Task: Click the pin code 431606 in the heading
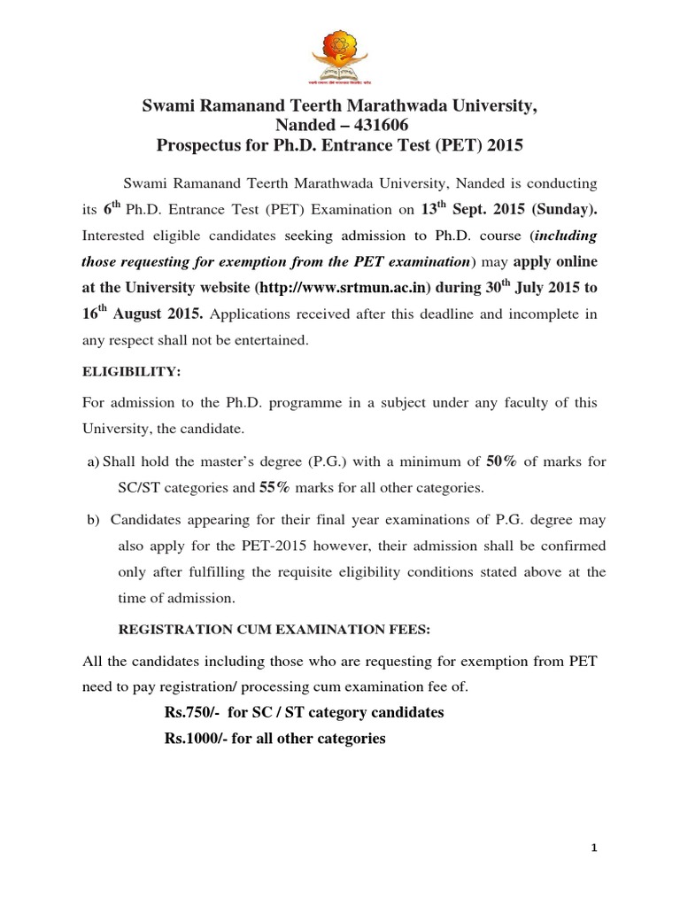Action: [x=385, y=126]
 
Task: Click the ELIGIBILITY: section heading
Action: [x=131, y=374]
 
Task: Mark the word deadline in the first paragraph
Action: [x=386, y=313]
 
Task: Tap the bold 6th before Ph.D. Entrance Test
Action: [x=112, y=209]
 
